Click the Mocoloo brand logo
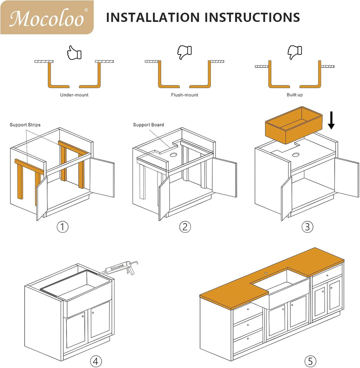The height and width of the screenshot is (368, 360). [x=47, y=17]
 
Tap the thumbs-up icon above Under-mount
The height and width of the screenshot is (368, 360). [x=74, y=52]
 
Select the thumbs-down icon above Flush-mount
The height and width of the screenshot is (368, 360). [x=185, y=52]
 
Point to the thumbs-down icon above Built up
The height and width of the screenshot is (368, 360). [x=295, y=52]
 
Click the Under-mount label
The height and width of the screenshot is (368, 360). [x=74, y=95]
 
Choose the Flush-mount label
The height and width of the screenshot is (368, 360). [x=185, y=95]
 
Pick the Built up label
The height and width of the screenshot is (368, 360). [x=295, y=95]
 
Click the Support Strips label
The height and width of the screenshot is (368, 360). [x=25, y=125]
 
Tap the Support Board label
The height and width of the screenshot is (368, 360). [x=148, y=125]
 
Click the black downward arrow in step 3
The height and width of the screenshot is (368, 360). [x=331, y=120]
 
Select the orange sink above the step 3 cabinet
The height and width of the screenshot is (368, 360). [x=294, y=125]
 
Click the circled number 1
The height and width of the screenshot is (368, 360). [x=63, y=227]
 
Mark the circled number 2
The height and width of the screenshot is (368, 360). [x=185, y=227]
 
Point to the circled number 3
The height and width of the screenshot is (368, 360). [x=307, y=227]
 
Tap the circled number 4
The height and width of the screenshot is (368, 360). [x=96, y=361]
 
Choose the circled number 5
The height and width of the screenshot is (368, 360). [x=310, y=361]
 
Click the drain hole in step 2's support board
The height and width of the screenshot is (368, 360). [x=174, y=155]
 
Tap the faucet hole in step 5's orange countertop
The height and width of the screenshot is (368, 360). [x=266, y=273]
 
